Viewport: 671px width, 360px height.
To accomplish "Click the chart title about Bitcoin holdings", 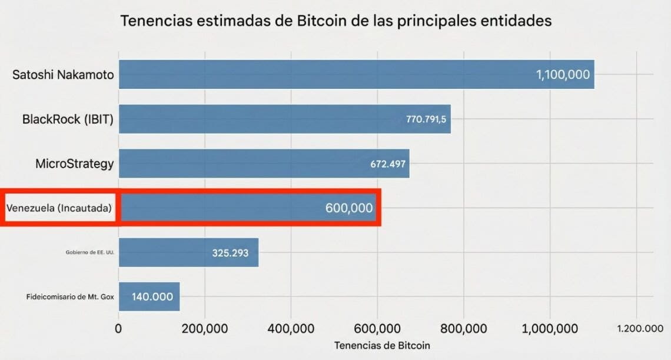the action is click(x=336, y=21).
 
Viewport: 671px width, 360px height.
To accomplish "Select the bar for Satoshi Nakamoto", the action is click(x=357, y=74).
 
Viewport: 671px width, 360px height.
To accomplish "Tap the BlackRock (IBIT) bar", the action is click(x=284, y=119).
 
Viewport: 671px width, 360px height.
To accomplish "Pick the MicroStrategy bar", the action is click(x=264, y=164).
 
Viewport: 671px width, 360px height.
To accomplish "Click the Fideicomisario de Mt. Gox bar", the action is click(x=150, y=296).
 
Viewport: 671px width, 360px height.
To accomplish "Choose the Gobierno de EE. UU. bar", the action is click(x=189, y=252).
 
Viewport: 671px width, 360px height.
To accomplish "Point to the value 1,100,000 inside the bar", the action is click(x=563, y=75).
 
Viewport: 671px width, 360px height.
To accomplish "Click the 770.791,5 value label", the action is click(x=426, y=119).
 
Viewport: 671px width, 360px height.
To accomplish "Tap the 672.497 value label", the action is click(x=388, y=164).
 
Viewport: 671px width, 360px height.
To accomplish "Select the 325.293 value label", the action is click(x=230, y=253).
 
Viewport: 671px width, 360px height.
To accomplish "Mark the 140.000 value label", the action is click(x=152, y=296).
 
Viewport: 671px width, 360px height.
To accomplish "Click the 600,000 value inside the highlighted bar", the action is click(x=349, y=208).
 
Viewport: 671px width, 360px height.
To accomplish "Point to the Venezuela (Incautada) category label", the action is click(x=59, y=208).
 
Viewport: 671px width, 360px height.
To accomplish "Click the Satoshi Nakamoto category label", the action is click(x=63, y=75).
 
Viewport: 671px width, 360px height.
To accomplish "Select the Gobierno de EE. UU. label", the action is click(x=90, y=252).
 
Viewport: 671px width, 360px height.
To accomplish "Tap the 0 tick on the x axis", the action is click(x=118, y=329).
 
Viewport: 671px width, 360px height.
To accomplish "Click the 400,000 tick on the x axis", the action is click(x=291, y=329).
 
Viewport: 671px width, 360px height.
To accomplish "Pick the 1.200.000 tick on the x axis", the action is click(x=640, y=328).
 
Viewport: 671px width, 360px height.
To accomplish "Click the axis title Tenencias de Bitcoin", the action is click(x=382, y=345).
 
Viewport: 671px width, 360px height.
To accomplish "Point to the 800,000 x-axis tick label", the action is click(x=463, y=329).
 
